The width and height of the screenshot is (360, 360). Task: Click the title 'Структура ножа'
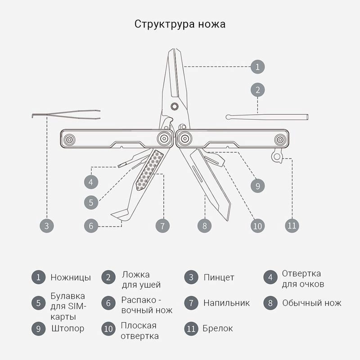click(180, 24)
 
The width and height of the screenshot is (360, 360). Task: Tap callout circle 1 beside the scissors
click(257, 67)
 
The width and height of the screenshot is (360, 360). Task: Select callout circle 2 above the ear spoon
click(257, 90)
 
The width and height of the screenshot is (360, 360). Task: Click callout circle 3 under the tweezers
click(46, 225)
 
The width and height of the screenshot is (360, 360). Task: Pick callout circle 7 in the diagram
click(162, 225)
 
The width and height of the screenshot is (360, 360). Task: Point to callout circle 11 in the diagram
click(292, 225)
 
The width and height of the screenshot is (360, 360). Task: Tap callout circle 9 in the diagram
click(257, 185)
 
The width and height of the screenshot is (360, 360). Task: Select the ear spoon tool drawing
click(267, 117)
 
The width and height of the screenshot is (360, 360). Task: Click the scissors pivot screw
click(175, 106)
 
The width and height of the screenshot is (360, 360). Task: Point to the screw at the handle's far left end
click(70, 139)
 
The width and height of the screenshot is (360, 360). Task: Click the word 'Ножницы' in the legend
click(71, 278)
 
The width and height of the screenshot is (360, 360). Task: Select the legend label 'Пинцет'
click(219, 278)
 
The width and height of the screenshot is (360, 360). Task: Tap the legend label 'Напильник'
click(226, 303)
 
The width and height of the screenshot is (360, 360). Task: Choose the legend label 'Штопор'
click(67, 328)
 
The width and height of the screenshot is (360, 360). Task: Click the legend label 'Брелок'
click(218, 328)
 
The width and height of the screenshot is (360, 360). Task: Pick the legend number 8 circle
click(270, 303)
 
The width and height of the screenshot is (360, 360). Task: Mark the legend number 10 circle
click(108, 329)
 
